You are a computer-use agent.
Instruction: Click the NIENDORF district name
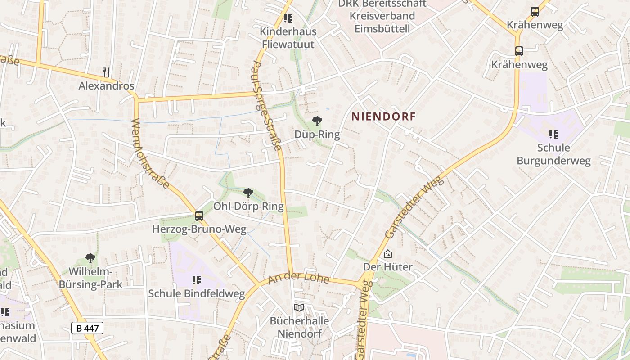coord(383,117)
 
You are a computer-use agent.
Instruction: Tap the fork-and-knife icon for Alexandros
coord(106,72)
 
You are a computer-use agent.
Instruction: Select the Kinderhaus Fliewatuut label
coord(288,38)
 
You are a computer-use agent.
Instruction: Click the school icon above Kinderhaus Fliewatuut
coord(288,18)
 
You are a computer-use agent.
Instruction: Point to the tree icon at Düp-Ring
coord(317,121)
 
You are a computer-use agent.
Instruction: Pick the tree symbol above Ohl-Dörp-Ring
coord(248,193)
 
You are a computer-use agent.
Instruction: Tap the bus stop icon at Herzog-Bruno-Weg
coord(199,216)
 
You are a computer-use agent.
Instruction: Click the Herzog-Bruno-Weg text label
coord(199,229)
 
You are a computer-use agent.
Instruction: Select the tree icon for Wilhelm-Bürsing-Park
coord(90,258)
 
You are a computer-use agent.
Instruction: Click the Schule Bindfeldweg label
coord(197,294)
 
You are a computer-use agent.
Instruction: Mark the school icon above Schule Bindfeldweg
coord(197,280)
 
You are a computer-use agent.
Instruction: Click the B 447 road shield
coord(87,328)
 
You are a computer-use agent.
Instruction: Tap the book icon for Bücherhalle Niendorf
coord(299,307)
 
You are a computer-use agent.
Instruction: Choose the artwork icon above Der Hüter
coord(387,254)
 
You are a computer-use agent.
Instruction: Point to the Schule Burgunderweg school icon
coord(553,134)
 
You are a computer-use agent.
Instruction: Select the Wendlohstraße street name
coord(150,153)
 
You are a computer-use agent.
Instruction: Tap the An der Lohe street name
coord(299,279)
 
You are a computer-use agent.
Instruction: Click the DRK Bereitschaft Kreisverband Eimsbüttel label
coord(382,16)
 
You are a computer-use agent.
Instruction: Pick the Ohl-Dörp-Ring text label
coord(248,207)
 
